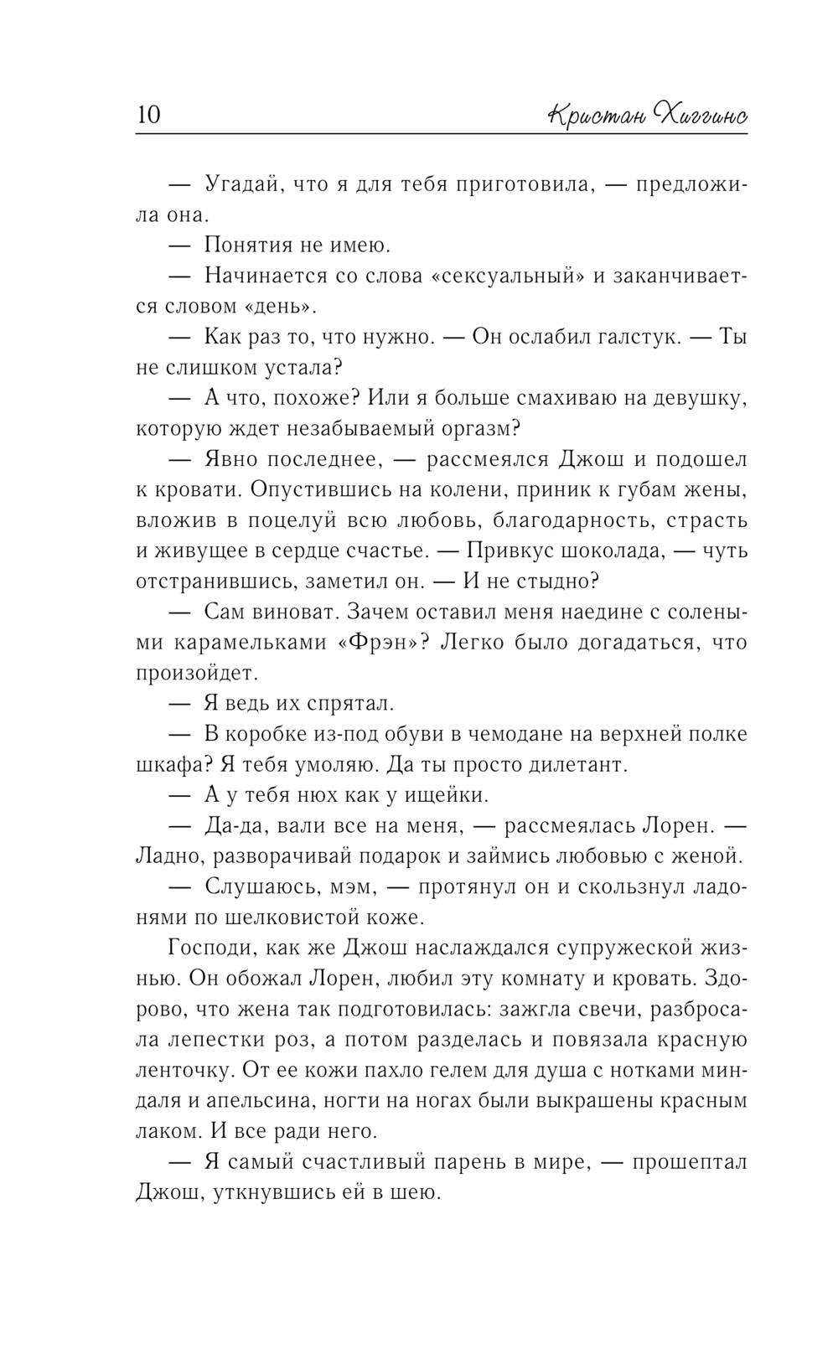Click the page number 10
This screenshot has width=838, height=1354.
point(147,114)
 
